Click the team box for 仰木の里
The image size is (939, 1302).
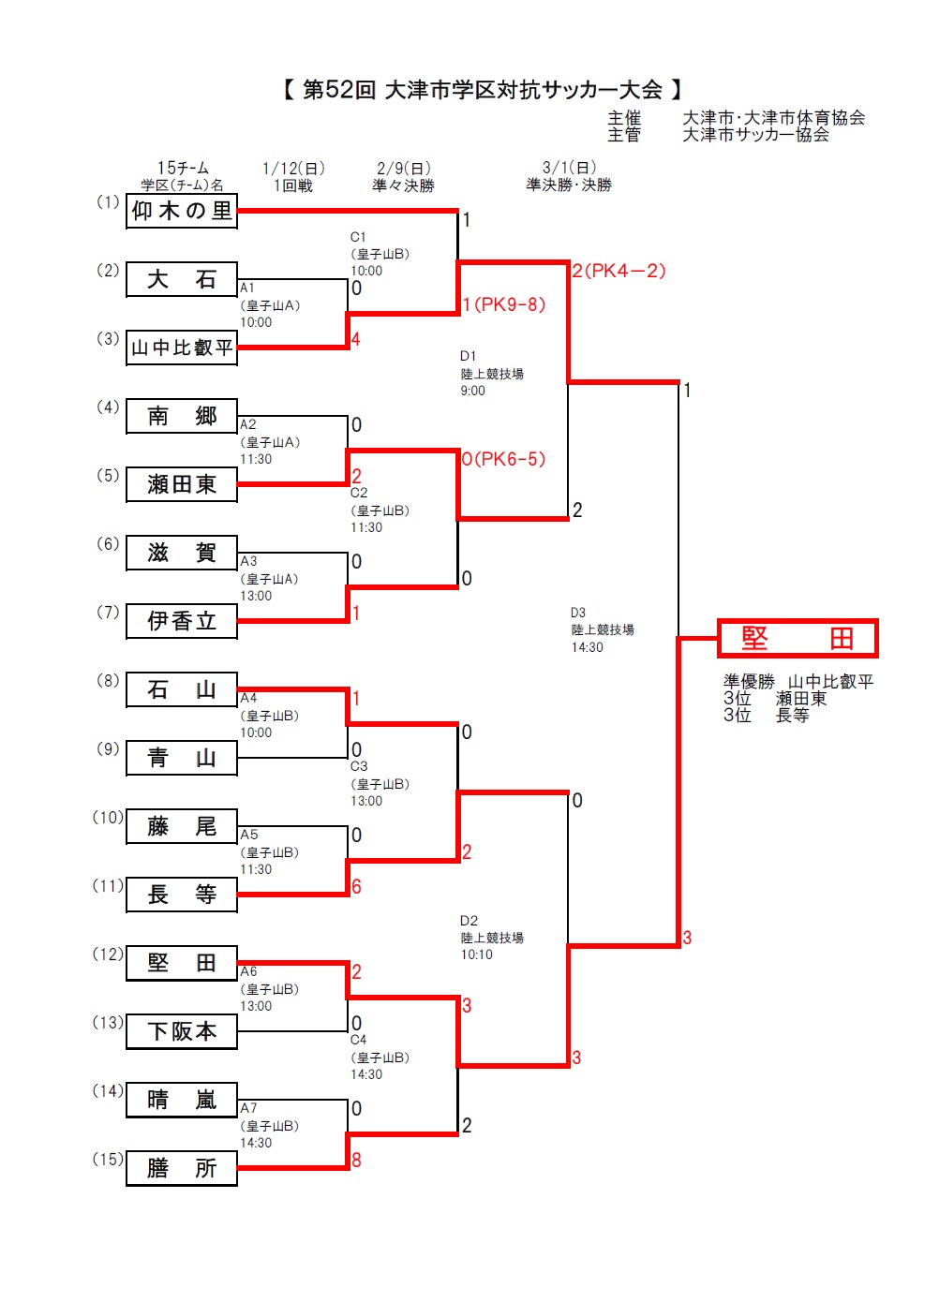click(182, 211)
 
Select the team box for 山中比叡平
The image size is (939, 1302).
click(182, 348)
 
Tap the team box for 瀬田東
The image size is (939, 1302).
click(182, 484)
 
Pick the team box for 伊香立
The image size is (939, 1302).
click(182, 621)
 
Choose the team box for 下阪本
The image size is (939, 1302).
click(182, 1031)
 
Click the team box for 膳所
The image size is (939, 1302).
click(182, 1168)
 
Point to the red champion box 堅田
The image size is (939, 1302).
click(797, 639)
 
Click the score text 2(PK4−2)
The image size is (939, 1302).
click(619, 271)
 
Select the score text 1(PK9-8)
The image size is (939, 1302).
click(504, 304)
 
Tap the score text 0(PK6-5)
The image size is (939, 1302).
click(504, 459)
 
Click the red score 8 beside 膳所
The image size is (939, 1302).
click(356, 1160)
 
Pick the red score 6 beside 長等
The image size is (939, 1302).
click(356, 886)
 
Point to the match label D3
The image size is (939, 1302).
click(578, 613)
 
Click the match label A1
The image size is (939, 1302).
click(247, 288)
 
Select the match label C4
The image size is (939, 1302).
click(359, 1040)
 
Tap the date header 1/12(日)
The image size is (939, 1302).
click(293, 169)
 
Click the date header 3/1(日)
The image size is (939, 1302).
click(569, 168)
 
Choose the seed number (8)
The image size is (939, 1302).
click(108, 680)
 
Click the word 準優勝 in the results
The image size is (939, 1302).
click(749, 681)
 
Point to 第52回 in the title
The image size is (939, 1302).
click(339, 90)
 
